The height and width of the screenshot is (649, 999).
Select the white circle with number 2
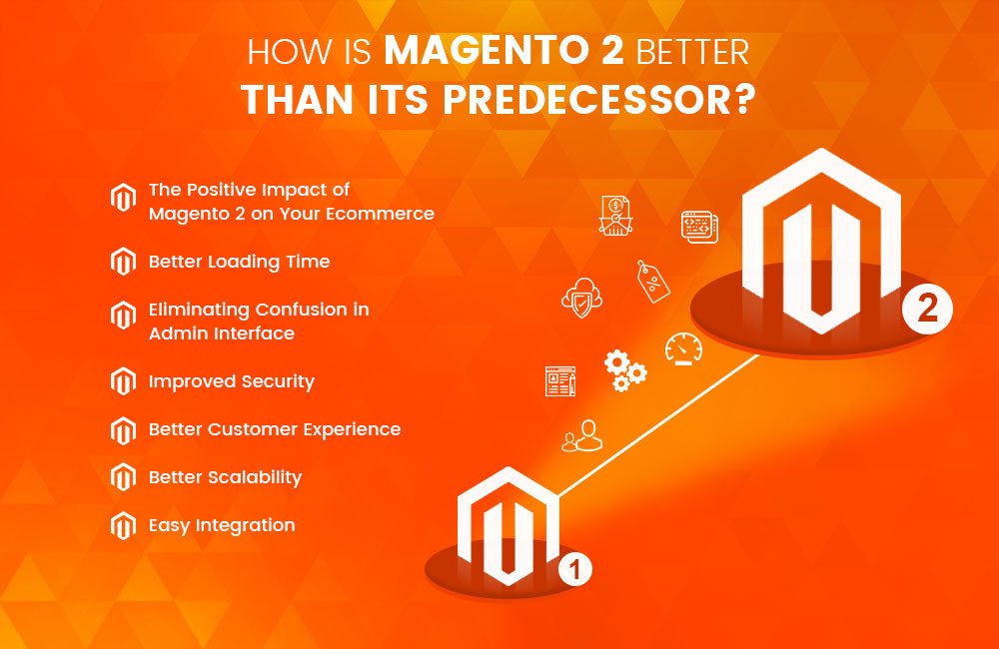point(928,310)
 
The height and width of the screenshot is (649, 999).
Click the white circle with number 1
point(574,571)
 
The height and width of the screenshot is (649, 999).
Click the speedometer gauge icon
point(683,349)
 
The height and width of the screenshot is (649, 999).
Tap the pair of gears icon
point(625,369)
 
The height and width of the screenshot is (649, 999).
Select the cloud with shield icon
point(580,298)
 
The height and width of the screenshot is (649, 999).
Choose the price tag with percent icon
point(653,282)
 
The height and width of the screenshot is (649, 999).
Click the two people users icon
point(582,435)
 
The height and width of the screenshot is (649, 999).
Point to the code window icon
point(699,226)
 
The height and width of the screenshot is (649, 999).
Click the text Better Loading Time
point(239,262)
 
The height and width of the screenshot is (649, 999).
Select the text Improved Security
point(232,381)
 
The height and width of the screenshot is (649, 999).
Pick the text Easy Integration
point(222,525)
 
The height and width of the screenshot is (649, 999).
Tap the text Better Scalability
point(225,477)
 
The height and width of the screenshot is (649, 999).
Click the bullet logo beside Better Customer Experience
point(123,430)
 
